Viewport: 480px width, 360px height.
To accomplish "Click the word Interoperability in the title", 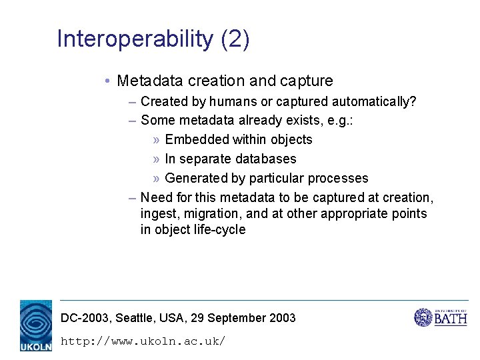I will pyautogui.click(x=135, y=39).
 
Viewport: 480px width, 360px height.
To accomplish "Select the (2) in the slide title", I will pyautogui.click(x=235, y=39).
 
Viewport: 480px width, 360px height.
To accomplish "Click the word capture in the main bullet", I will pyautogui.click(x=307, y=81).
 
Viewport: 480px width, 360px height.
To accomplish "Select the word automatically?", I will pyautogui.click(x=374, y=101).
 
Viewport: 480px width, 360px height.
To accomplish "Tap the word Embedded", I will pyautogui.click(x=197, y=139).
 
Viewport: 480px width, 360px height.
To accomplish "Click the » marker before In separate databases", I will pyautogui.click(x=155, y=159).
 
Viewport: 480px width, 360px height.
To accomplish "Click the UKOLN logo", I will pyautogui.click(x=35, y=325).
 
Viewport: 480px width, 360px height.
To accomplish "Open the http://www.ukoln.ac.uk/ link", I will pyautogui.click(x=143, y=341).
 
